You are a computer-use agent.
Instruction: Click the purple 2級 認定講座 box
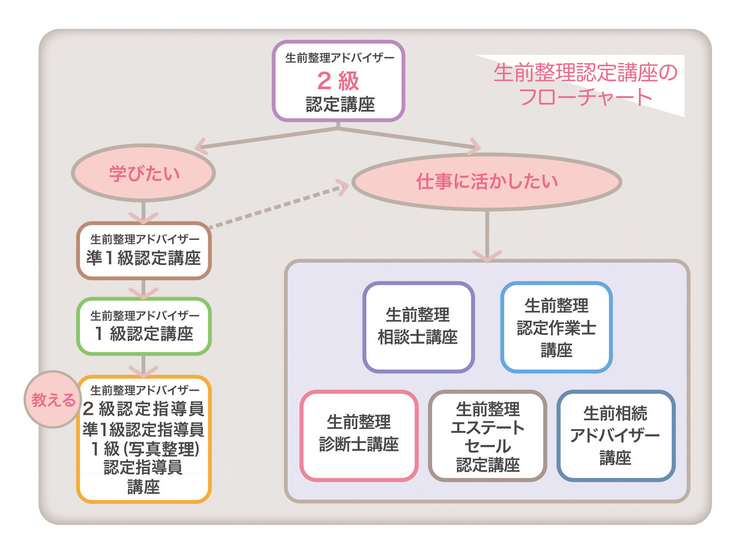(x=338, y=81)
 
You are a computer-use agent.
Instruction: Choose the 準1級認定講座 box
(x=144, y=249)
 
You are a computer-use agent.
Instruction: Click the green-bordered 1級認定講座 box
(x=144, y=325)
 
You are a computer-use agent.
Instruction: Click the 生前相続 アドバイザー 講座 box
(x=615, y=434)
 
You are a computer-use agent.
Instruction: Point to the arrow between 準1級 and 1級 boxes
(x=144, y=287)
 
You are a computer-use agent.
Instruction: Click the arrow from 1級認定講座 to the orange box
(x=144, y=363)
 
